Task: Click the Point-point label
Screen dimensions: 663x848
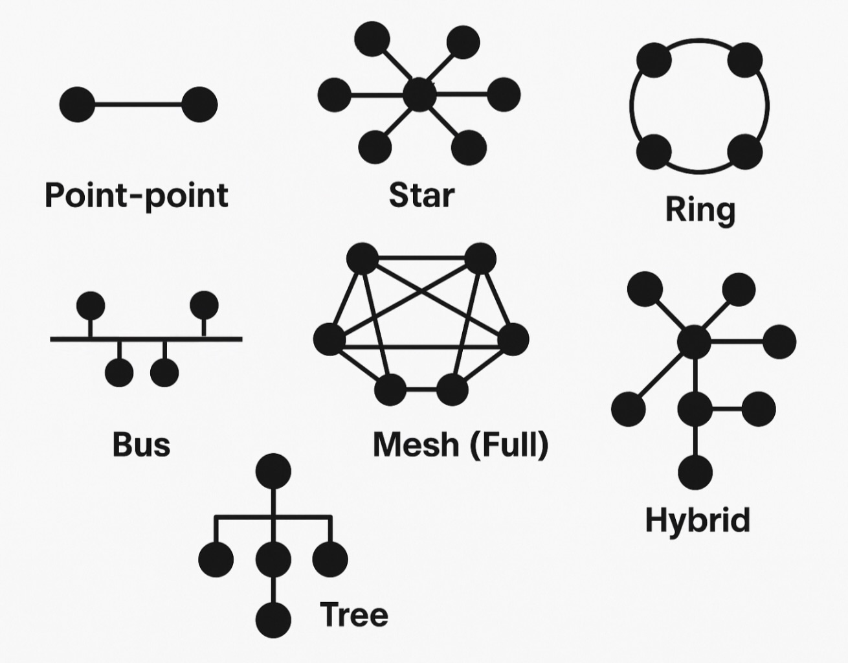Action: click(x=137, y=195)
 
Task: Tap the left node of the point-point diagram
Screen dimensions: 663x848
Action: click(x=77, y=104)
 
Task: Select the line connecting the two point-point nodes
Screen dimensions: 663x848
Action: click(x=138, y=104)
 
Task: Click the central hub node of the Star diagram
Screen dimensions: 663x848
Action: click(x=419, y=96)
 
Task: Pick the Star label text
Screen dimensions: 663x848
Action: click(x=421, y=195)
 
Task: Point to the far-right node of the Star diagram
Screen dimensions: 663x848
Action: click(x=504, y=95)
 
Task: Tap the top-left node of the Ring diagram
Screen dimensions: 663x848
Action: click(x=654, y=60)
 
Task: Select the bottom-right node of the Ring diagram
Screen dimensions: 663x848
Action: click(x=745, y=152)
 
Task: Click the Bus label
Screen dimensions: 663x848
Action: click(x=141, y=445)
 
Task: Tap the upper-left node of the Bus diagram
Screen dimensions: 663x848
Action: click(x=90, y=305)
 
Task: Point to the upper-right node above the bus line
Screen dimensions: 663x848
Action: click(x=204, y=304)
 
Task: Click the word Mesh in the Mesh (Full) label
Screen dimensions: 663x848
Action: click(x=415, y=445)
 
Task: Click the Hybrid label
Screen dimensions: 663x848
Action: click(x=698, y=520)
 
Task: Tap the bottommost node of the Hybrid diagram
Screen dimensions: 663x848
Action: click(x=695, y=472)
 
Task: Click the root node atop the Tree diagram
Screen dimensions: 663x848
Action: click(x=273, y=471)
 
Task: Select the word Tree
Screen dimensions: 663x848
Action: click(x=354, y=614)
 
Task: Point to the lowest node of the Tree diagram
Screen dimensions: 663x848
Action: click(x=273, y=620)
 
